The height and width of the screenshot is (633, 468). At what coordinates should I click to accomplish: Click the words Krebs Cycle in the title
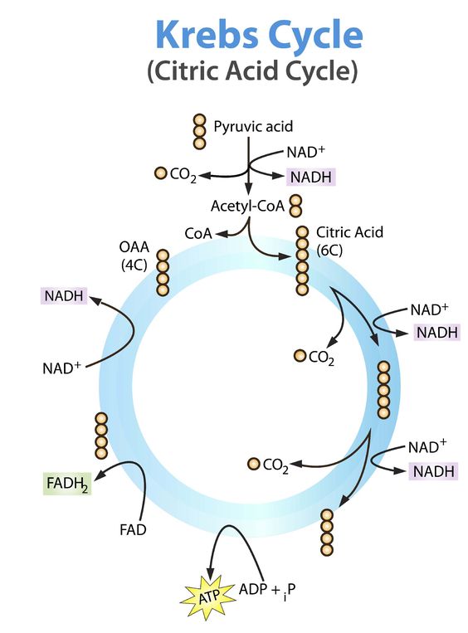(259, 37)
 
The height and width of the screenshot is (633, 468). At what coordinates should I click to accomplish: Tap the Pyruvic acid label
(253, 127)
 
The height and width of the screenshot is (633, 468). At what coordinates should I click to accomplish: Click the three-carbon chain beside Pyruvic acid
(199, 131)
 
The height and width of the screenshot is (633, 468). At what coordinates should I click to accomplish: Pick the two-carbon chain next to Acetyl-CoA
(296, 205)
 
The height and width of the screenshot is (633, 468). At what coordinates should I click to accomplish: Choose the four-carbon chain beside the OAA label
(163, 272)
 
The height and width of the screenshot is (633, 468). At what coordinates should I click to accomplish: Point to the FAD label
(132, 528)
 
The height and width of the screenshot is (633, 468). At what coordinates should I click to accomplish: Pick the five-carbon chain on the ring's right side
(383, 390)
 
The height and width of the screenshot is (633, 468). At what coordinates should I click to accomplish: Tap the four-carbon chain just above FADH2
(101, 436)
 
